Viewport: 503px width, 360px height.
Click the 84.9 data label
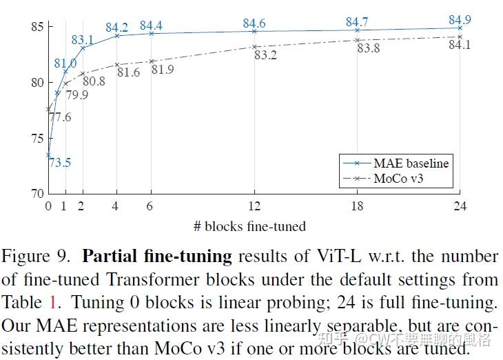tap(460, 19)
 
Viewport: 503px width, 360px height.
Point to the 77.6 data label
tap(61, 117)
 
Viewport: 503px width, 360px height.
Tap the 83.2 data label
tap(265, 55)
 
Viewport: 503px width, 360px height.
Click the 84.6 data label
tap(254, 24)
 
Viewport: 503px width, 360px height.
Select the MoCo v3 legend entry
tap(404, 179)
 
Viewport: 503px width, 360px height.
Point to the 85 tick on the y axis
tap(37, 27)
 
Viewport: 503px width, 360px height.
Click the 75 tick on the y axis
tap(37, 138)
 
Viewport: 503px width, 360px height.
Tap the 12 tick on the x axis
tap(254, 206)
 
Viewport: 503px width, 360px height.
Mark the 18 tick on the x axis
tap(357, 206)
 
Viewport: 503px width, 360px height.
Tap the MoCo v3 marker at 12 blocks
tap(254, 47)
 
